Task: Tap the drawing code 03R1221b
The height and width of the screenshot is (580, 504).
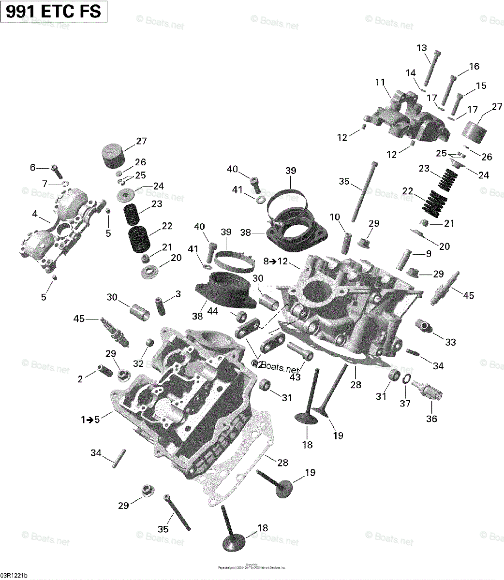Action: point(14,575)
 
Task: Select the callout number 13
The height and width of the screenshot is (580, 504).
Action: point(422,48)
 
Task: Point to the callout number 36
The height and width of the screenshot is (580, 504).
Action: point(431,419)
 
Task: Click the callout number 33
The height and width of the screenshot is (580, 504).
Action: point(450,342)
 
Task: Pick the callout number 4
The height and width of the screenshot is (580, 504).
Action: point(33,167)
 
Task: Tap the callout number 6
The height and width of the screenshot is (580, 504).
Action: point(44,184)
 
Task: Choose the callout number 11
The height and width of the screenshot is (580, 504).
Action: point(380,82)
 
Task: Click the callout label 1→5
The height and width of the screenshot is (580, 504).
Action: point(90,420)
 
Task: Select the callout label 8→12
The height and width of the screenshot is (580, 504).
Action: point(276,261)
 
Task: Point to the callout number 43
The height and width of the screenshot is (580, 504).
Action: point(295,377)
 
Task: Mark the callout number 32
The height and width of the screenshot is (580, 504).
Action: point(138,363)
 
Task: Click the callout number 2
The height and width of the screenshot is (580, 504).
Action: point(80,379)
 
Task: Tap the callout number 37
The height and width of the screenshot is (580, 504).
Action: point(404,403)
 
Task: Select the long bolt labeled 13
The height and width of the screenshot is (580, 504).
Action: point(431,72)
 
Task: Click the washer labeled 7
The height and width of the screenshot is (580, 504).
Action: point(62,184)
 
